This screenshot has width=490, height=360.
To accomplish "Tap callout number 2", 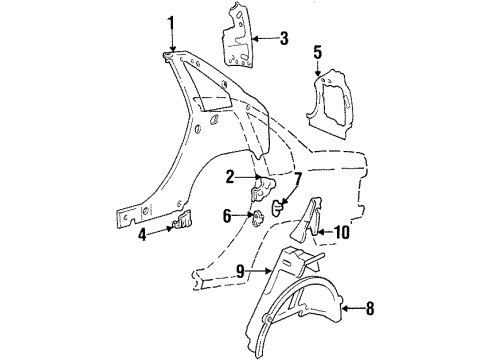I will tap(229, 177).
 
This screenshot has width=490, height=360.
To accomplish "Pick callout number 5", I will tap(318, 52).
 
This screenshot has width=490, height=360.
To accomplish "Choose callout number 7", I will tap(297, 180).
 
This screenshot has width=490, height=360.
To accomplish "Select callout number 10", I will tap(341, 233).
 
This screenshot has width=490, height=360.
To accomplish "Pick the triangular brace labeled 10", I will tap(304, 218).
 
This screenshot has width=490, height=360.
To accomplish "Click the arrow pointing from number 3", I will tap(262, 39).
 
